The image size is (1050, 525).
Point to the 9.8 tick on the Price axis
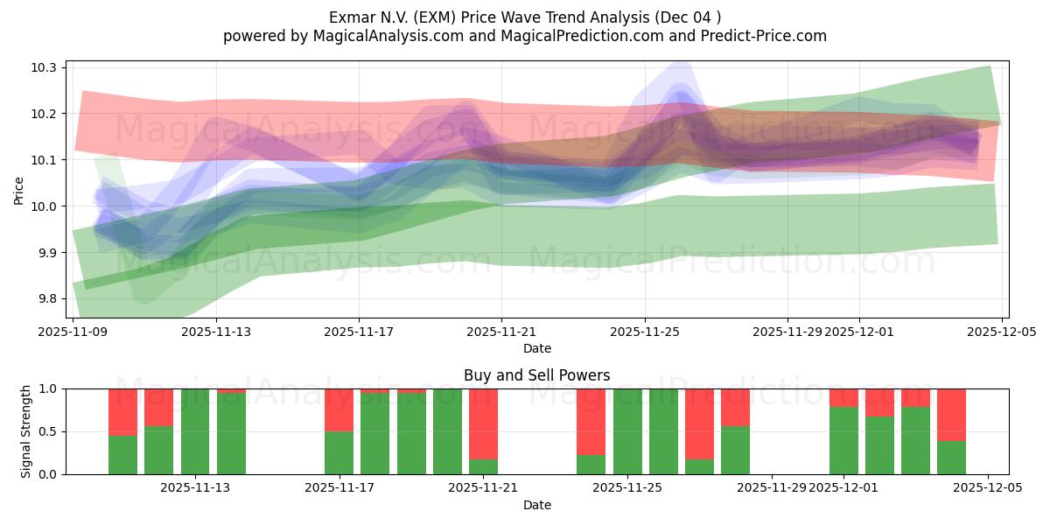click(47, 299)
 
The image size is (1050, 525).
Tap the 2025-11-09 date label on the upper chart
click(73, 332)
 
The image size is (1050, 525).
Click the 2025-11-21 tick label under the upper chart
click(501, 332)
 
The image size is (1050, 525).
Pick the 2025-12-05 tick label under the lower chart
click(988, 488)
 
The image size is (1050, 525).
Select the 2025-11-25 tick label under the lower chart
click(627, 488)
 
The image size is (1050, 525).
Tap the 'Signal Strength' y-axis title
click(26, 431)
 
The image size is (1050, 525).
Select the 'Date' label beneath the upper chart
click(536, 348)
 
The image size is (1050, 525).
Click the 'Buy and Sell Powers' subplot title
click(536, 375)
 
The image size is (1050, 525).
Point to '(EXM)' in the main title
click(435, 17)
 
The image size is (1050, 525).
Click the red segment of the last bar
click(951, 414)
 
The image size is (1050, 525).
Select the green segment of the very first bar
click(122, 455)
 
